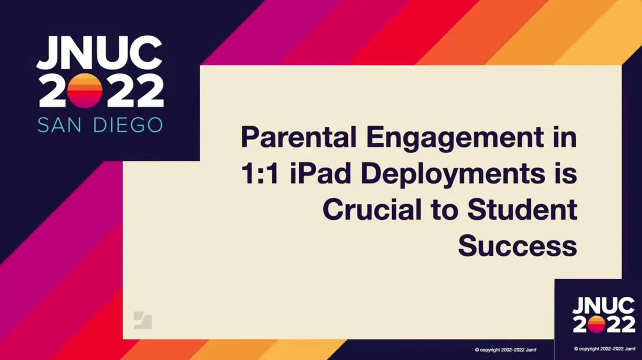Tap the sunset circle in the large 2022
coord(86,90)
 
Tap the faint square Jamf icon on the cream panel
coord(142,320)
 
